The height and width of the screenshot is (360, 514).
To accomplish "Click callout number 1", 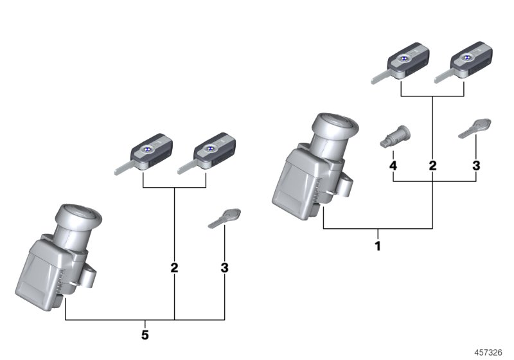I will click(378, 246).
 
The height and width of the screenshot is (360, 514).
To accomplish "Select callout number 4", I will click(393, 166).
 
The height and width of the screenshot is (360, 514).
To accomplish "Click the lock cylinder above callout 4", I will click(396, 138).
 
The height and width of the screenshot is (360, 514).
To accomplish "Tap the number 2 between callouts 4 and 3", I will click(432, 166).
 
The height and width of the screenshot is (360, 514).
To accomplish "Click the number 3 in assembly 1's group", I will click(475, 166).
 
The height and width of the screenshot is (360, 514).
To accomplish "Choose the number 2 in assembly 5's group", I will click(174, 268).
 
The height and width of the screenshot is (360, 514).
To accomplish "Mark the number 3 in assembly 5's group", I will click(224, 267).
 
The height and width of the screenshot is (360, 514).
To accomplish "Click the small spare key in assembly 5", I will click(225, 217).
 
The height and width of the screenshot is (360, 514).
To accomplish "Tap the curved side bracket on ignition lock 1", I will click(344, 188).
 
